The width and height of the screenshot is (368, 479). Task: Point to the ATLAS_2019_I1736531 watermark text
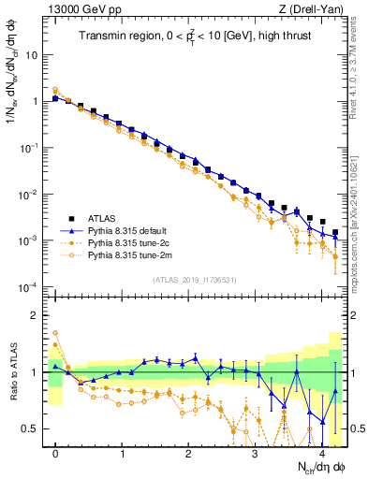point(195,280)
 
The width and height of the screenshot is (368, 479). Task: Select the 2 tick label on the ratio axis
point(34,315)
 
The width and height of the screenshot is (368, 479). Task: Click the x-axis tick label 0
point(56,453)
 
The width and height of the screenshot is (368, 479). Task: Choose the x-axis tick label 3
point(255,453)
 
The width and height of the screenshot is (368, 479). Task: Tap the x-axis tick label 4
point(321,453)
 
